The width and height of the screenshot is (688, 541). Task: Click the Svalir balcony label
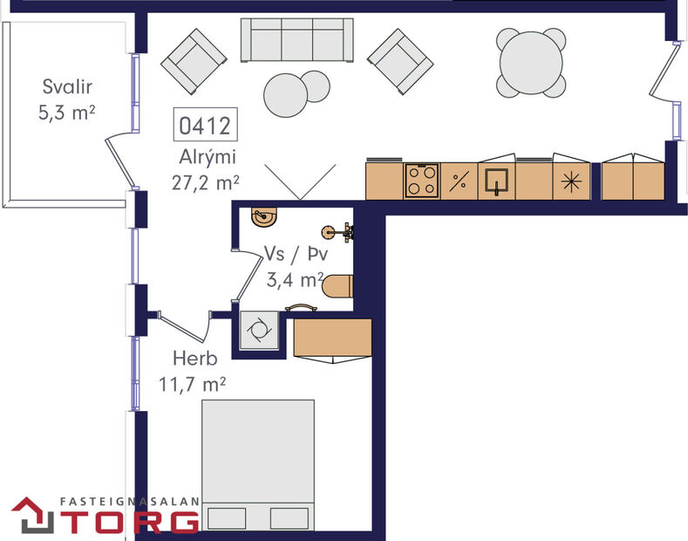(x=67, y=87)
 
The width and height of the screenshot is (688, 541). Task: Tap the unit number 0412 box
(x=205, y=127)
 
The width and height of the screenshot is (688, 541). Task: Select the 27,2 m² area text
(x=207, y=182)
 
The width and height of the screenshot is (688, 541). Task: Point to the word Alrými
(x=207, y=158)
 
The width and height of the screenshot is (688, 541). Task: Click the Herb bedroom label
(x=194, y=358)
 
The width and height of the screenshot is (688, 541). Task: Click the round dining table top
(x=531, y=63)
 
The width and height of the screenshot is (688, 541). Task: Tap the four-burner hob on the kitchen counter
(x=423, y=181)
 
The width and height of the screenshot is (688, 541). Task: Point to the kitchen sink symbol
(x=497, y=181)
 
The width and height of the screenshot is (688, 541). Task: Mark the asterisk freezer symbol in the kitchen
(x=571, y=181)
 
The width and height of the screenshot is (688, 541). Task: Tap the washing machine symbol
(x=260, y=330)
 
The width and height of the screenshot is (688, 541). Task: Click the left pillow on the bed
(x=229, y=518)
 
